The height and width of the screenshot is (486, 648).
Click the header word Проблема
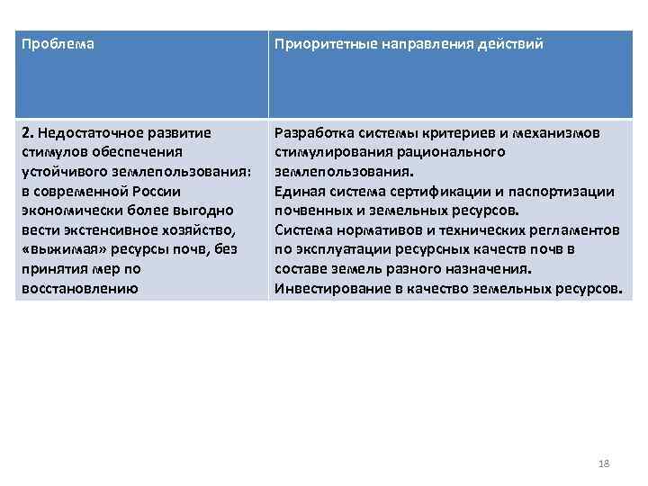57,44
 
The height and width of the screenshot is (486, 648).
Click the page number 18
604,463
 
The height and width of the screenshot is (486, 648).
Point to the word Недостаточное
85,133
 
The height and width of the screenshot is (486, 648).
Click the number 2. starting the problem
26,133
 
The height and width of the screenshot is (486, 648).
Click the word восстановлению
78,288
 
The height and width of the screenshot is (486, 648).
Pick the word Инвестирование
327,288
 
